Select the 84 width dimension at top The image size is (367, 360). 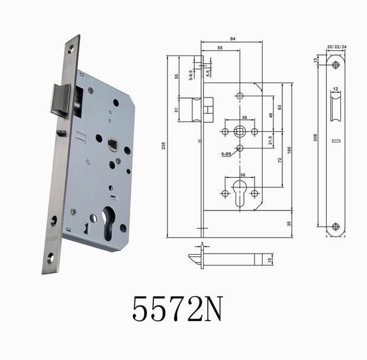(233, 39)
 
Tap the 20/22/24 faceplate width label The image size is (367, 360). (336, 45)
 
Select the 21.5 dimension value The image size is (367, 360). (271, 140)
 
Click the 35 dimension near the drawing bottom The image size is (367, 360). (289, 224)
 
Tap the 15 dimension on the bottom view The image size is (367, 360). (271, 260)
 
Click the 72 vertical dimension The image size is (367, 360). (280, 161)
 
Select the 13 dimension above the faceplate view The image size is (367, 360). (316, 60)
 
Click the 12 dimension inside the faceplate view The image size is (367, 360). (336, 89)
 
